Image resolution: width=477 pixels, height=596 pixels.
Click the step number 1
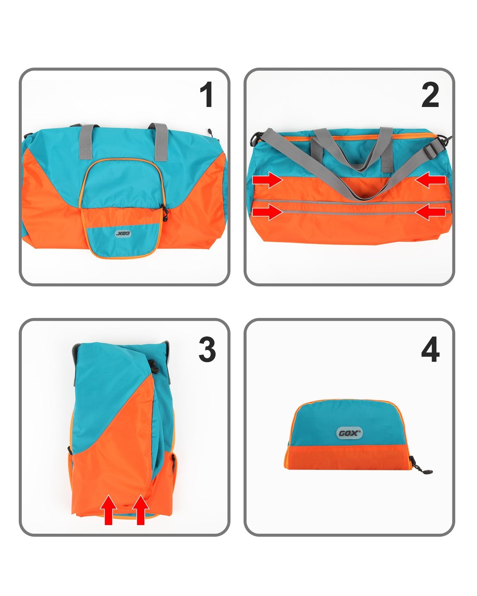(x=206, y=95)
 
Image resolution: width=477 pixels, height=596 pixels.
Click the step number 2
(x=430, y=95)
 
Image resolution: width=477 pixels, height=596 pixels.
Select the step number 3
(x=207, y=350)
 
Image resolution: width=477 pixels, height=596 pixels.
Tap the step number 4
(x=430, y=350)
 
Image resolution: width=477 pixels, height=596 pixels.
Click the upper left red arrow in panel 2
(x=267, y=180)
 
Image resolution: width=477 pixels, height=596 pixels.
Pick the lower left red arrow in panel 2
(x=267, y=212)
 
